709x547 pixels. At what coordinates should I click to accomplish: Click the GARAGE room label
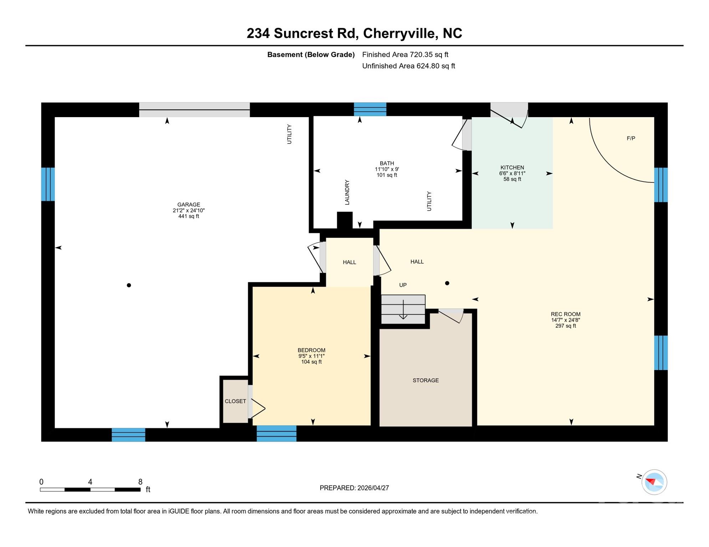pyautogui.click(x=189, y=204)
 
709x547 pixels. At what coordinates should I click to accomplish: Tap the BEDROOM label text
pyautogui.click(x=311, y=350)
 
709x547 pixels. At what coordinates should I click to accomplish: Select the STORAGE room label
pyautogui.click(x=425, y=380)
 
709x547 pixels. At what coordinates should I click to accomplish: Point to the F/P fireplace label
pyautogui.click(x=631, y=138)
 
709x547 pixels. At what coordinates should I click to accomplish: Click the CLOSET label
pyautogui.click(x=235, y=401)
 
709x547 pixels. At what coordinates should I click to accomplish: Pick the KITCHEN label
pyautogui.click(x=512, y=167)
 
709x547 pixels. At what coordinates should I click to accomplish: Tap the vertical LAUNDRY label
pyautogui.click(x=347, y=192)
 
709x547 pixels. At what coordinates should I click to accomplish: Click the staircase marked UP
pyautogui.click(x=403, y=309)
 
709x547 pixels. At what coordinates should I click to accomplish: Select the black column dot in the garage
pyautogui.click(x=129, y=285)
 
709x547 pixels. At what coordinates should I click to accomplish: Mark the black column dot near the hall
pyautogui.click(x=447, y=283)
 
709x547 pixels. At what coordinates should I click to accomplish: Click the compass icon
pyautogui.click(x=654, y=482)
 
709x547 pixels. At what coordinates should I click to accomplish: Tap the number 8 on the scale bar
pyautogui.click(x=141, y=482)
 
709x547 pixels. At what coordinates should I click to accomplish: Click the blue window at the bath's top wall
pyautogui.click(x=370, y=109)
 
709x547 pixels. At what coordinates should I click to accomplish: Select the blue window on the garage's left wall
pyautogui.click(x=48, y=184)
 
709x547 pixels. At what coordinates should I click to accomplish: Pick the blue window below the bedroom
pyautogui.click(x=276, y=433)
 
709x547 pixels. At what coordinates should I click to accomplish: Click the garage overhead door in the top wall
pyautogui.click(x=194, y=110)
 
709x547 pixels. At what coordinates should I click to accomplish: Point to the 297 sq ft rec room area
pyautogui.click(x=566, y=326)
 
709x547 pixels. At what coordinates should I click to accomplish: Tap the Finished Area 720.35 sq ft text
pyautogui.click(x=405, y=54)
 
